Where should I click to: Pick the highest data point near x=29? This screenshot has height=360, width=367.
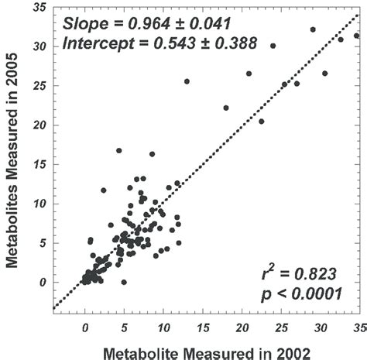(x=313, y=29)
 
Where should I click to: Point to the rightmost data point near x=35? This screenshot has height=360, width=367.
(x=356, y=36)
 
